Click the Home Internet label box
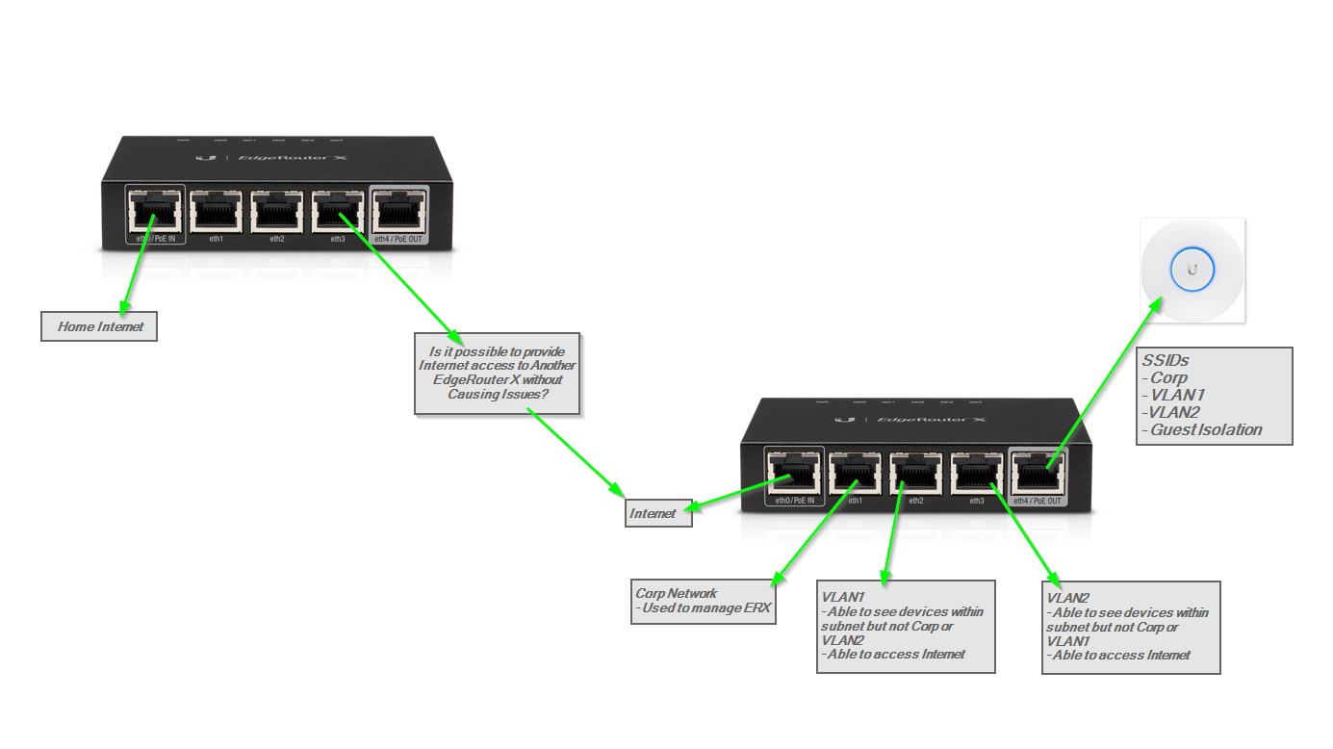(99, 326)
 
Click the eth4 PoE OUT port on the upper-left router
(398, 213)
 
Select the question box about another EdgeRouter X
(497, 374)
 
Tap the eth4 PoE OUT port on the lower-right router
(1038, 475)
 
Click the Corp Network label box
(703, 601)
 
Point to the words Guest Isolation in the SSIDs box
(1206, 429)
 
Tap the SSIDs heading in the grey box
(1165, 361)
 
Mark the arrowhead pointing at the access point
(1155, 304)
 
